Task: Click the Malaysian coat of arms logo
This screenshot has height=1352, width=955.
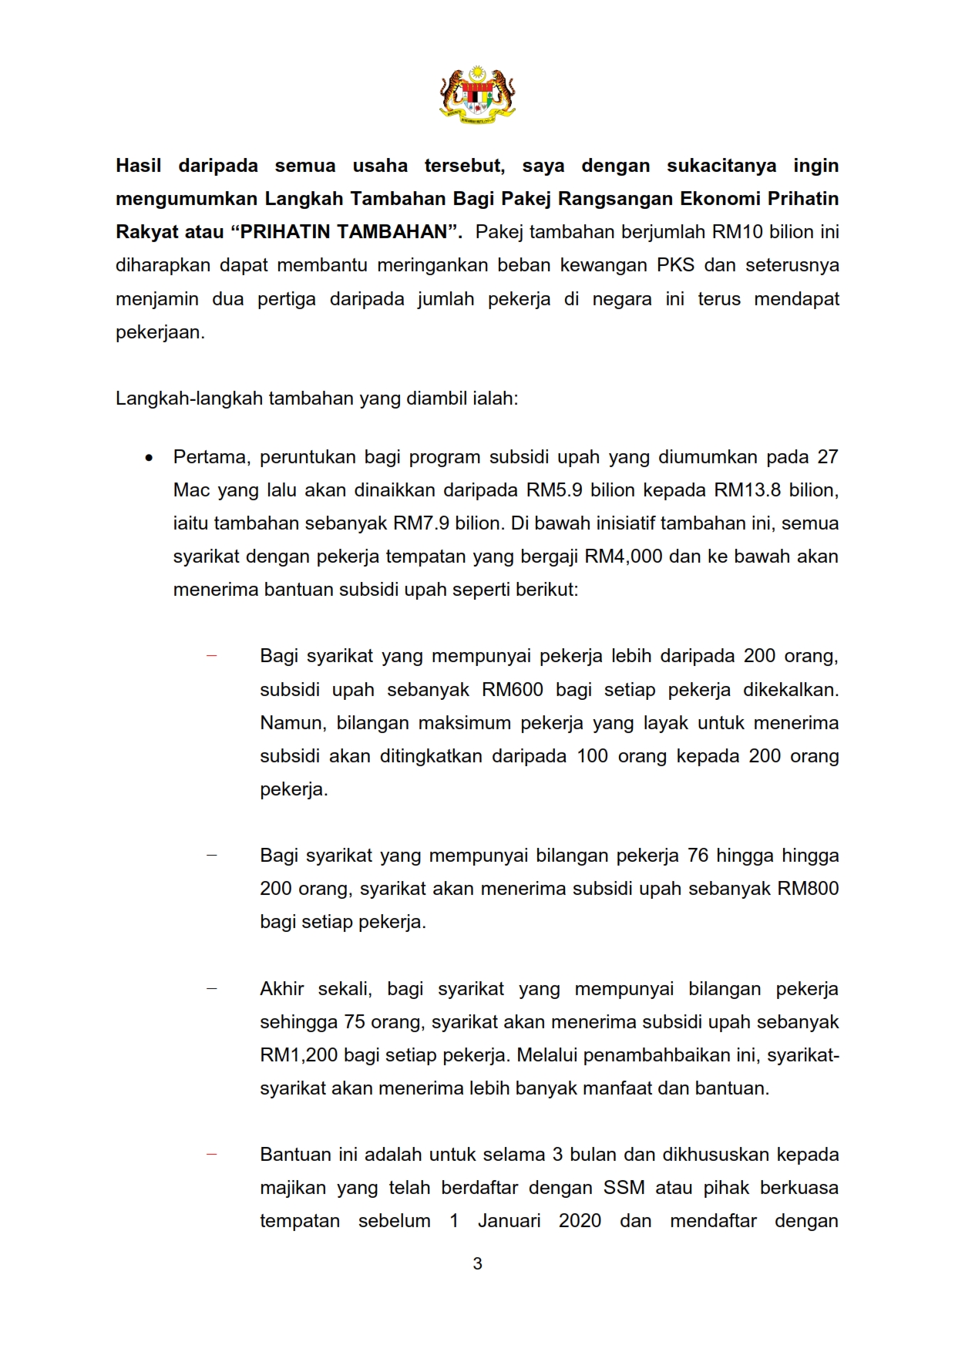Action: (x=477, y=94)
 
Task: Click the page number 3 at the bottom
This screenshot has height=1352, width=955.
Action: (x=477, y=1263)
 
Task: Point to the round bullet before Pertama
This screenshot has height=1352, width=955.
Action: (x=149, y=458)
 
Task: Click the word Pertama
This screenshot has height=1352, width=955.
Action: (x=211, y=457)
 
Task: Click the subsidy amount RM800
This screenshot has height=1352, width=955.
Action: (x=808, y=889)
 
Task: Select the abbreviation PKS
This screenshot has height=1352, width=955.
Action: (x=675, y=265)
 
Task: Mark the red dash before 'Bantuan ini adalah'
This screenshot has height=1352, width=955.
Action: (x=211, y=1155)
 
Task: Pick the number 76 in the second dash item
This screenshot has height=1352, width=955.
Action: (x=698, y=856)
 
